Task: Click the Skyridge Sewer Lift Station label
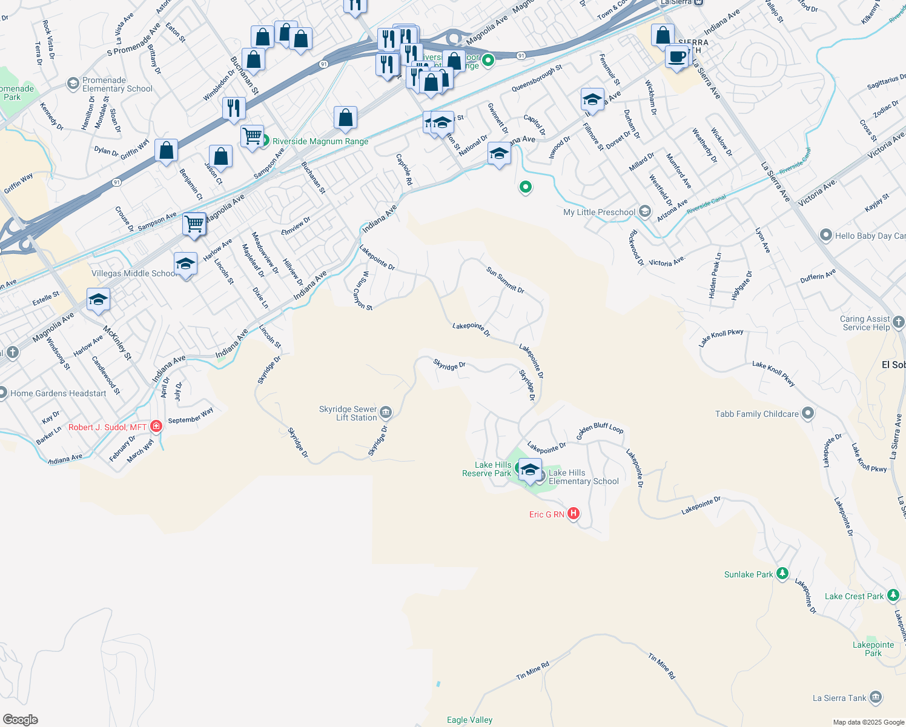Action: [348, 413]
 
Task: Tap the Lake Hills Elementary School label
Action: [583, 477]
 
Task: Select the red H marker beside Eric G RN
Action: [573, 514]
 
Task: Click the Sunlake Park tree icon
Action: [782, 573]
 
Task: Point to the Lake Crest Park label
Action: [854, 596]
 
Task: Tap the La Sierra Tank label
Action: [839, 698]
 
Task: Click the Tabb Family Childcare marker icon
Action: [807, 414]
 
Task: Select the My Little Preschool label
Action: [599, 212]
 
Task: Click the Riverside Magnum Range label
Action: [320, 141]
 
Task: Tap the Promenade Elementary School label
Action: [117, 84]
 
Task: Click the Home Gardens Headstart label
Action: [58, 393]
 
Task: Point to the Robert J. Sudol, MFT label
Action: [107, 427]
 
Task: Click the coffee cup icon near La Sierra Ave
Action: [676, 57]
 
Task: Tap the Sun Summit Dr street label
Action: [505, 280]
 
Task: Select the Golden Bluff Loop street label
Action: [600, 430]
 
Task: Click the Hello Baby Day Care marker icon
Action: [825, 236]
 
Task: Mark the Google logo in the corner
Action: [20, 720]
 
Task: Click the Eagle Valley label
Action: [469, 720]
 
